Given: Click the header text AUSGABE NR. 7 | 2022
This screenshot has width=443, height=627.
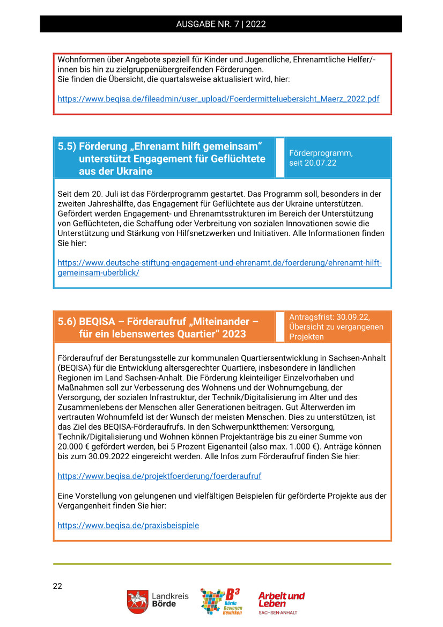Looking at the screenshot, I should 221,24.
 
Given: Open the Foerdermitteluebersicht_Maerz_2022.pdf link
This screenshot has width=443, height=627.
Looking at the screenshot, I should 218,99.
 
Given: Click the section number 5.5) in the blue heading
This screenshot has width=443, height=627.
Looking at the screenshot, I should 67,146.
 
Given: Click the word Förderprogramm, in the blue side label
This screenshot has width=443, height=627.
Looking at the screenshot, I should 321,153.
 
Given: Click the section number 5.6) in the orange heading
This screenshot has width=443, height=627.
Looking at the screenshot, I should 67,322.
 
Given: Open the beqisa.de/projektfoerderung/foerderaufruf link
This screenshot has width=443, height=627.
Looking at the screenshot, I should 159,476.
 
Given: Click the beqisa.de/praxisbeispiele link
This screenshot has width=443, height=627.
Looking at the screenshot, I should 128,526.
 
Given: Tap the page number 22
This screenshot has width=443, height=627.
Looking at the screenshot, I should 57,586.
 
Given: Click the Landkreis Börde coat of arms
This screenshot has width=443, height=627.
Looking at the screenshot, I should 137,602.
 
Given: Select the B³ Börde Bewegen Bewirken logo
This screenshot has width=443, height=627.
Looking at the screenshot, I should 220,601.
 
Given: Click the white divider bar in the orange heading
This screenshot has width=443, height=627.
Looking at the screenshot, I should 280,327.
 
